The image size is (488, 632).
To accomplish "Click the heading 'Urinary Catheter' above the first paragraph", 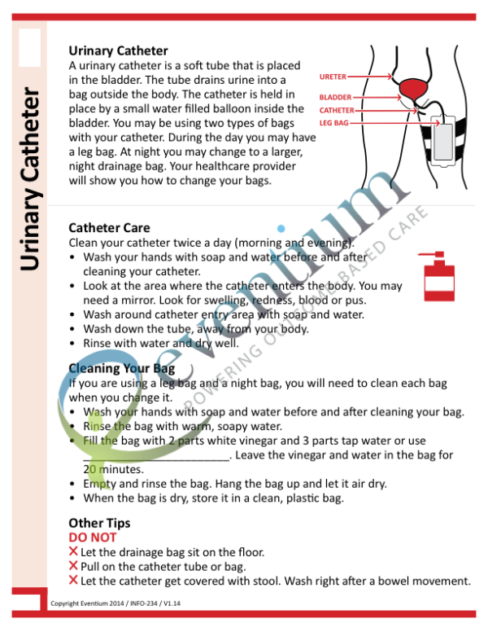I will tap(118, 51).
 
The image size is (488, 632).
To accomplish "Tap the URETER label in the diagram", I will tap(333, 77).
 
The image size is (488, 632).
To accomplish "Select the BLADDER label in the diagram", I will tap(335, 97).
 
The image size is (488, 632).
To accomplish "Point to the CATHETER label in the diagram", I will tap(337, 110).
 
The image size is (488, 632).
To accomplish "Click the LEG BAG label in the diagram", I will tap(333, 123).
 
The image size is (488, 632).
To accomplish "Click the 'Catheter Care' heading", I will tap(109, 228).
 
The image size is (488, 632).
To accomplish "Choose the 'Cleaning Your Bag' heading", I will tap(121, 368).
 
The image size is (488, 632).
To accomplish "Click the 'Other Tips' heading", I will tap(99, 523).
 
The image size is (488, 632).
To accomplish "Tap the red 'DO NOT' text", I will tap(92, 538).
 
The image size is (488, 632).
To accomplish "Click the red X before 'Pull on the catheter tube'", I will tap(74, 566).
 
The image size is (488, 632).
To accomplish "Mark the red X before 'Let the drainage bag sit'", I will tap(74, 552).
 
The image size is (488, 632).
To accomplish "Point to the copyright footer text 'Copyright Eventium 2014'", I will tap(85, 603).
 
